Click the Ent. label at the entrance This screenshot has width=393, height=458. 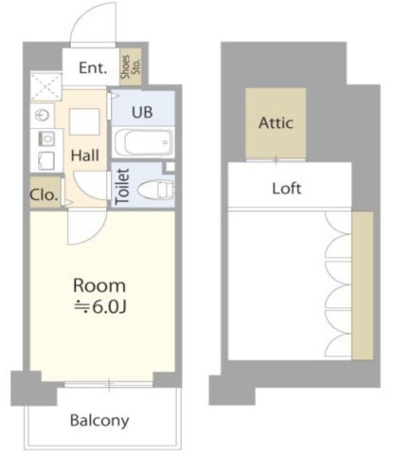[93, 68]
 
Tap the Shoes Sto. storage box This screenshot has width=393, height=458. [130, 66]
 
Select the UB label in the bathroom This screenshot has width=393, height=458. [142, 112]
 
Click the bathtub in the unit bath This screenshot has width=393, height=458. [143, 142]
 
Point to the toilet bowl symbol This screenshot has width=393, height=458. [156, 190]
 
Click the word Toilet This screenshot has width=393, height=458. [122, 187]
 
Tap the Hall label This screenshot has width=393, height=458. [85, 156]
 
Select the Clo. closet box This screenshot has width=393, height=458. [45, 192]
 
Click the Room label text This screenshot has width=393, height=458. [99, 285]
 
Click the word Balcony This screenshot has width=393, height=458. [99, 420]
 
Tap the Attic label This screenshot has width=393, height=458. [276, 122]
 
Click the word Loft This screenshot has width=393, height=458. [287, 189]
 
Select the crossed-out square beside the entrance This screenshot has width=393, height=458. [46, 86]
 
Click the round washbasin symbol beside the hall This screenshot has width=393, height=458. [42, 116]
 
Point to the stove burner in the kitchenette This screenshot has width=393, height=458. [46, 138]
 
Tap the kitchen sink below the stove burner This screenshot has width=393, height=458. [46, 161]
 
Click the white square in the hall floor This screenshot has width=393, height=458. [84, 121]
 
